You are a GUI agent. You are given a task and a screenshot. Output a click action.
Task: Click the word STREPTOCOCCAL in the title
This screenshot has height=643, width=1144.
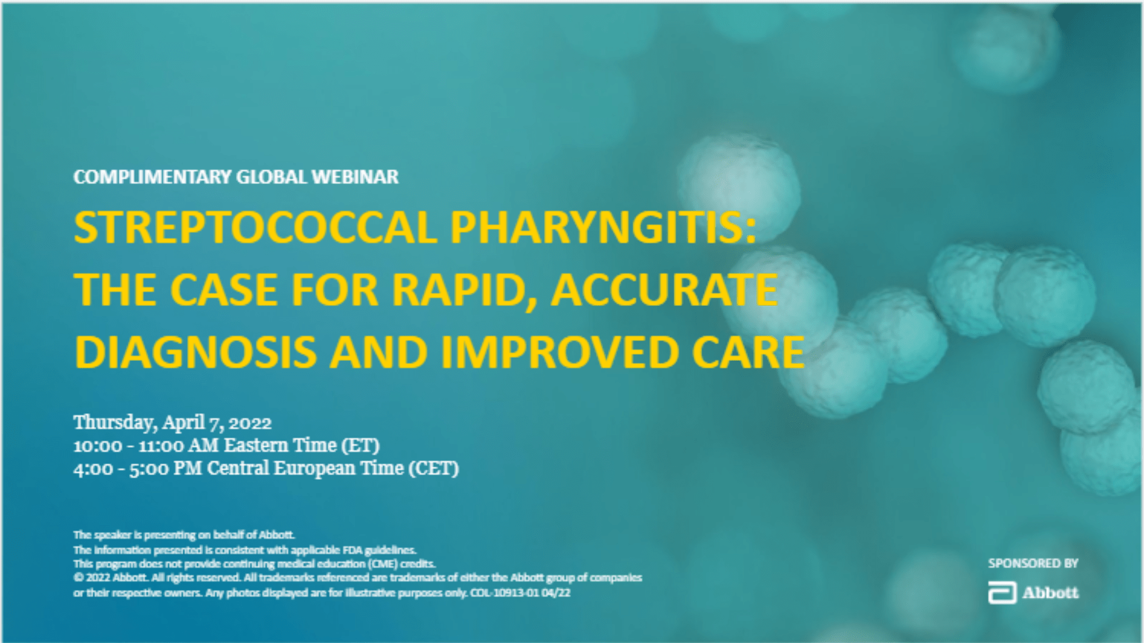[256, 227]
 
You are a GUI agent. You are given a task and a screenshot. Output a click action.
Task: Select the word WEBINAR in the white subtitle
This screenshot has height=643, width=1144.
[355, 177]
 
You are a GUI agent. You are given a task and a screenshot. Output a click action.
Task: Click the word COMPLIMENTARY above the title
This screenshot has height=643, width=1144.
[153, 177]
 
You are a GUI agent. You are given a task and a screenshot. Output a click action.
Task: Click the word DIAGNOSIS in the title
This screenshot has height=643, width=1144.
[195, 352]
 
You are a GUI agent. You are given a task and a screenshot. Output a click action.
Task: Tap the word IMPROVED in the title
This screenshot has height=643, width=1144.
[560, 352]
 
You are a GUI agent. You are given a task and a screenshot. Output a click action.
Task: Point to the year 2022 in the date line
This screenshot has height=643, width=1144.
[250, 423]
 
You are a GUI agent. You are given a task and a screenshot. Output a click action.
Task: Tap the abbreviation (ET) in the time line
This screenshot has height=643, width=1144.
[360, 445]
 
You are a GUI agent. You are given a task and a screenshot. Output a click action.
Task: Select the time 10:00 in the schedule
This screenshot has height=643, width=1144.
[98, 446]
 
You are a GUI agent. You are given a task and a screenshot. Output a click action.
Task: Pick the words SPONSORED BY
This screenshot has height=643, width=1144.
[1033, 563]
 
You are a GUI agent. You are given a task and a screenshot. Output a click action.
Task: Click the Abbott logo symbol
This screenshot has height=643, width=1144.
[1002, 593]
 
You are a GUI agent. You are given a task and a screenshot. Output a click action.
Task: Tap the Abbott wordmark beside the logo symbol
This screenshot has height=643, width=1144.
[1050, 593]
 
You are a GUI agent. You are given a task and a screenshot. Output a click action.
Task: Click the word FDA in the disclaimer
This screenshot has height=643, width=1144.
[352, 550]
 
